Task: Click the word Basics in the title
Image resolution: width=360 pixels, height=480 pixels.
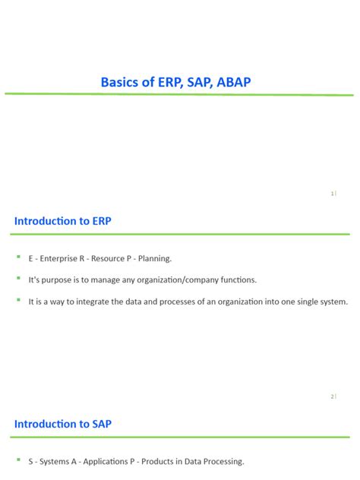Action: click(x=120, y=81)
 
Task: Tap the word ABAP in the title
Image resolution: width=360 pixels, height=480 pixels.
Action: click(x=240, y=81)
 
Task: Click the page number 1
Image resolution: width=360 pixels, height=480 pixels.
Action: click(x=333, y=194)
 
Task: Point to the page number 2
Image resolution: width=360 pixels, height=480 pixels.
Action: click(x=333, y=396)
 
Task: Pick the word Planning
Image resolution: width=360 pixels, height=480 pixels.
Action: click(x=154, y=258)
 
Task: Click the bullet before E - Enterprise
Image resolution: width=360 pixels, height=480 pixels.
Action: click(x=18, y=257)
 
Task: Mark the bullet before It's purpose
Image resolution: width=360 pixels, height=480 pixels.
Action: click(x=18, y=279)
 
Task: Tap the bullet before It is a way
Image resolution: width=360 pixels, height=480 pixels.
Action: click(x=18, y=301)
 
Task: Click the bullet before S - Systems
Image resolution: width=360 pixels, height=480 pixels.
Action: click(x=18, y=460)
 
